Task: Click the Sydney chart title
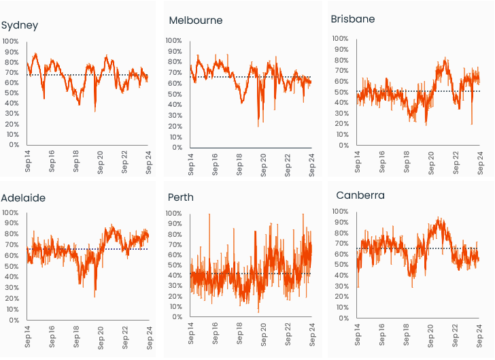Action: pos(20,26)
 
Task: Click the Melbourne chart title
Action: pos(196,20)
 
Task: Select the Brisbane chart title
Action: pos(352,18)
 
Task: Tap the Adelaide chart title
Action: pos(23,198)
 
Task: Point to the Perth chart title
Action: pos(180,197)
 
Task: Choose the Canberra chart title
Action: pos(360,195)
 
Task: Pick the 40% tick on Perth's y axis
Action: pos(175,276)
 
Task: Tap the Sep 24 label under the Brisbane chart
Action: pos(478,164)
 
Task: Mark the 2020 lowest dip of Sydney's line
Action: pos(95,111)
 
